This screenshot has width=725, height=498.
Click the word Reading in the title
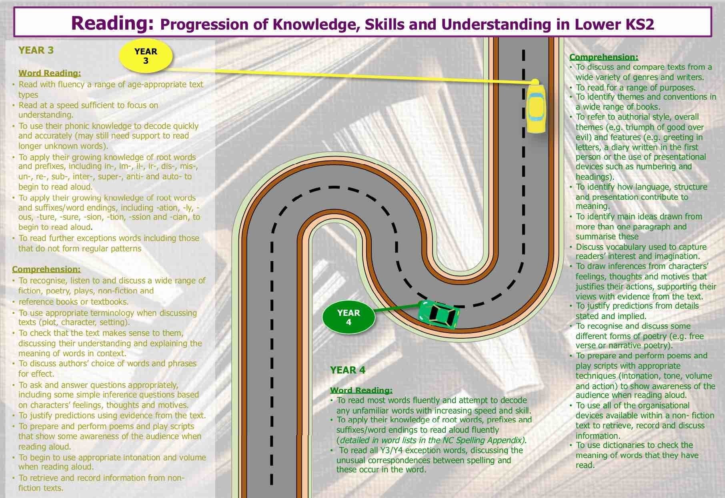click(112, 23)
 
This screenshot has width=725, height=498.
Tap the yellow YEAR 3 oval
click(146, 56)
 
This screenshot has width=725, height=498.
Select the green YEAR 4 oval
click(348, 317)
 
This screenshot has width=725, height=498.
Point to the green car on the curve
click(438, 314)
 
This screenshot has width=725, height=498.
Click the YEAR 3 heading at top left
click(36, 50)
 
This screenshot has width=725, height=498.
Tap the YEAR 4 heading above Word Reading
click(348, 370)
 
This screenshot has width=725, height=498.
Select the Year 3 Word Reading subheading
click(50, 73)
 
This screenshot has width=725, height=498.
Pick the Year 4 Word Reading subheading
click(361, 390)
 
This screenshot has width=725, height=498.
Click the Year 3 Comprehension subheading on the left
click(46, 269)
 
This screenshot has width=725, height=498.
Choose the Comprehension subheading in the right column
click(604, 57)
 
